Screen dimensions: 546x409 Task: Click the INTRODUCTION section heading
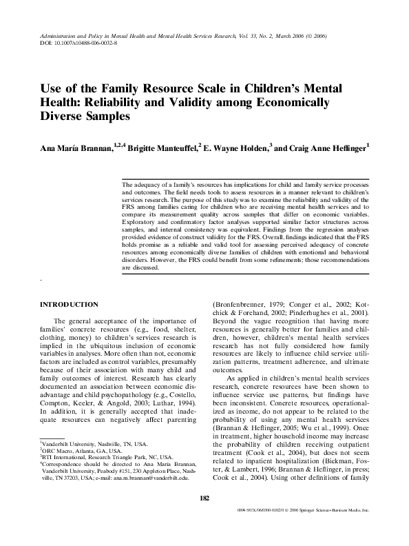coord(69,304)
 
